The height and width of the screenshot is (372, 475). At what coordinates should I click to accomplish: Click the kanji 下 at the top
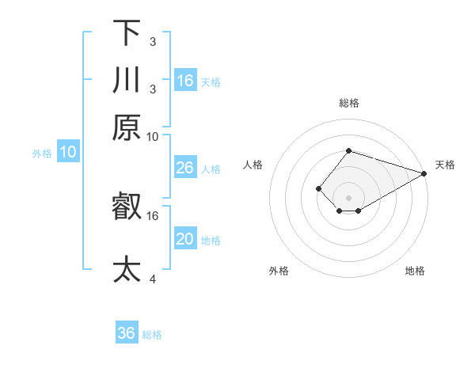(x=127, y=33)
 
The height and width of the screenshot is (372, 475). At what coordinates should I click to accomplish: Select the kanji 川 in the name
(x=127, y=80)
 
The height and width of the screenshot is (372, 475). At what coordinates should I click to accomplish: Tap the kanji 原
(x=127, y=127)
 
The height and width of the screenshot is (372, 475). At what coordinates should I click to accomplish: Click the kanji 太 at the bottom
(x=127, y=269)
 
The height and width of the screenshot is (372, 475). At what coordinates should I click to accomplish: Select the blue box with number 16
(x=185, y=81)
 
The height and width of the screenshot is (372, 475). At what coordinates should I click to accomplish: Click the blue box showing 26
(x=185, y=168)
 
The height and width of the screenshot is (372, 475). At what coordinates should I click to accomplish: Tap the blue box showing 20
(x=185, y=239)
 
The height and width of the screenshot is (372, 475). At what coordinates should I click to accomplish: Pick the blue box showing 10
(x=68, y=153)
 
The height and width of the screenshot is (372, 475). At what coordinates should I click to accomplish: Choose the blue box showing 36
(x=127, y=333)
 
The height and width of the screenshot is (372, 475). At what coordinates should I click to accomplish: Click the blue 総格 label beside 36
(x=152, y=335)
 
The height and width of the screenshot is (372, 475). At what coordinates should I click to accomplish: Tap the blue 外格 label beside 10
(x=42, y=154)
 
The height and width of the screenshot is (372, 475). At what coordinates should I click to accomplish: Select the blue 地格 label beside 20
(x=211, y=241)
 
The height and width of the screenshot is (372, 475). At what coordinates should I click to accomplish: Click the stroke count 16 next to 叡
(x=153, y=215)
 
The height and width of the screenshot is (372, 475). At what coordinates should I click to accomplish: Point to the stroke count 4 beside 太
(x=153, y=279)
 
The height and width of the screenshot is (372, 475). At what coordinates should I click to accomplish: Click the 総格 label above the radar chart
(x=348, y=103)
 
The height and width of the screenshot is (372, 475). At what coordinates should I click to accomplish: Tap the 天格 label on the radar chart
(x=445, y=165)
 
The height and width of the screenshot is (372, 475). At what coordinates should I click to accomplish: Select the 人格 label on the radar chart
(x=253, y=165)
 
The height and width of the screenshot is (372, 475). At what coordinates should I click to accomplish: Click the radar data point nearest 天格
(x=424, y=173)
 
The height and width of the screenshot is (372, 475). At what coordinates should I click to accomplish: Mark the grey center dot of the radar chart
(x=348, y=198)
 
